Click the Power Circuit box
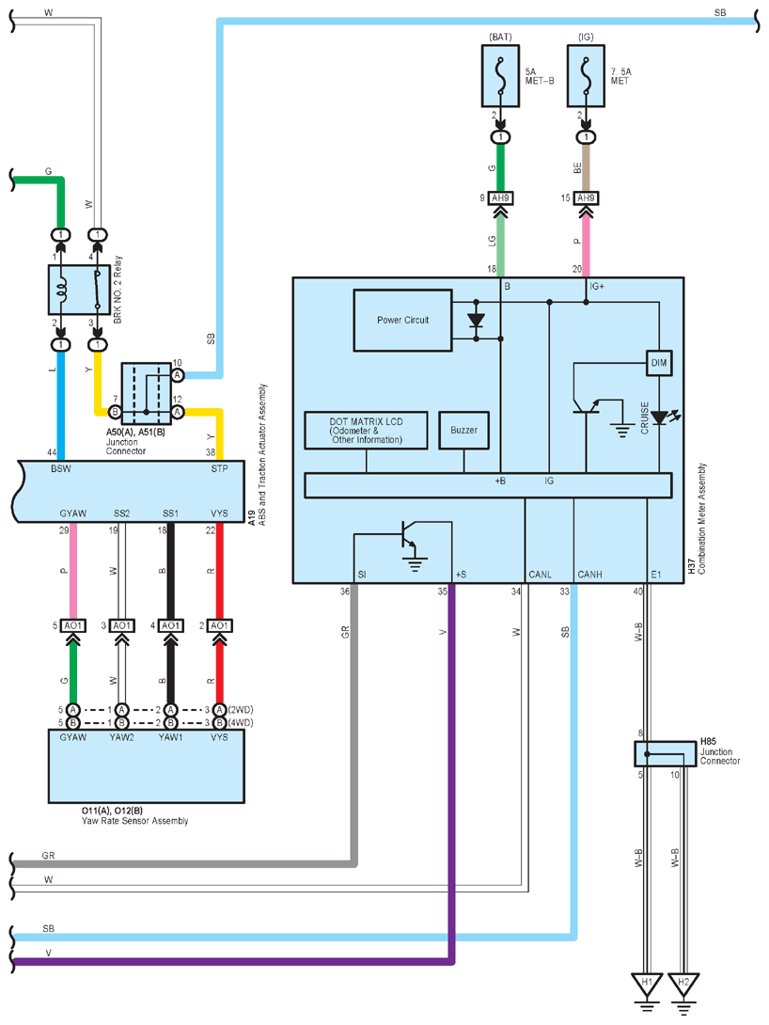pyautogui.click(x=402, y=321)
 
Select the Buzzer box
pyautogui.click(x=463, y=430)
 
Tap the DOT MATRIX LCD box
pyautogui.click(x=366, y=430)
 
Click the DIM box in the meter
pyautogui.click(x=659, y=363)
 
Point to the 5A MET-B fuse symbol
pyautogui.click(x=500, y=75)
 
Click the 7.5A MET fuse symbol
pyautogui.click(x=586, y=75)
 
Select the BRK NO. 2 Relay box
pyautogui.click(x=79, y=290)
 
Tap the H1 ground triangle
pyautogui.click(x=647, y=985)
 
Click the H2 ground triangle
pyautogui.click(x=683, y=985)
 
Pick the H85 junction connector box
pyautogui.click(x=665, y=754)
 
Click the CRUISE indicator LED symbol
pyautogui.click(x=661, y=418)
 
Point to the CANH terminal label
pyautogui.click(x=589, y=575)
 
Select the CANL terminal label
pyautogui.click(x=540, y=575)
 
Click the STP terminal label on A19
pyautogui.click(x=220, y=468)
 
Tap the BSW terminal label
pyautogui.click(x=61, y=468)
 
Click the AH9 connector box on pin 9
pyautogui.click(x=500, y=198)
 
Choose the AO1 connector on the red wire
pyautogui.click(x=220, y=625)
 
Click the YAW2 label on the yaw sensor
pyautogui.click(x=121, y=737)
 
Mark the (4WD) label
pyautogui.click(x=241, y=723)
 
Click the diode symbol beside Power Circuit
pyautogui.click(x=477, y=321)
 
